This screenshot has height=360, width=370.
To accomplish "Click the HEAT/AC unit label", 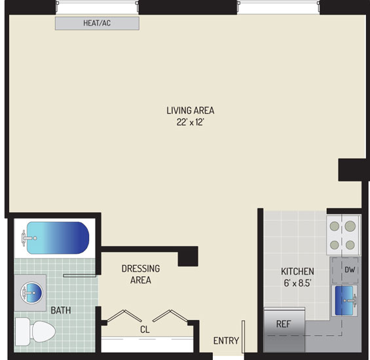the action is click(x=97, y=23).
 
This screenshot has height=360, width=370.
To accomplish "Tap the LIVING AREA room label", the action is click(x=190, y=111).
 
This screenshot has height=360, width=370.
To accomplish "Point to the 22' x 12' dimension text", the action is click(x=190, y=122).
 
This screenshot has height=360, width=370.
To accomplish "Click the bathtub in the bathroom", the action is click(x=58, y=238).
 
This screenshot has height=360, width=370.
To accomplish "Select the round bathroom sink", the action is click(x=31, y=293).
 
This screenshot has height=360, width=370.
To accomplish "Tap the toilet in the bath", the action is click(x=35, y=331).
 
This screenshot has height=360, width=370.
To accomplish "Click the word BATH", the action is click(x=61, y=310).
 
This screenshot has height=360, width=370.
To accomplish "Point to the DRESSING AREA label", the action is click(x=141, y=274).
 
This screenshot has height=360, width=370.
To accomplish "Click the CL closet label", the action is click(x=145, y=329).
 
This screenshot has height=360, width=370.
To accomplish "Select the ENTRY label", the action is click(x=226, y=340).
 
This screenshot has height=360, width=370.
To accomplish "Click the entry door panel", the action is click(x=244, y=336).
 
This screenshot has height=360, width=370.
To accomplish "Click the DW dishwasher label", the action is click(x=350, y=270).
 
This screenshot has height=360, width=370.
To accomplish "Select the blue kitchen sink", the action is click(x=344, y=300).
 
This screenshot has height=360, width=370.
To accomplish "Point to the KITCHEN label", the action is click(x=297, y=271).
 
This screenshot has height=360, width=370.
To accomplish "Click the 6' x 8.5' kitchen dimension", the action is click(x=297, y=283).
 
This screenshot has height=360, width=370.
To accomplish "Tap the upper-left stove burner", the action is click(x=335, y=226).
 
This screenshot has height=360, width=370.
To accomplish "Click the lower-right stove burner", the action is click(x=350, y=245).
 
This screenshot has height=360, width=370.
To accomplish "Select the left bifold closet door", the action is click(x=124, y=315).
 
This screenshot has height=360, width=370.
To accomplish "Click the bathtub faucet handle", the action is click(x=24, y=238).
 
